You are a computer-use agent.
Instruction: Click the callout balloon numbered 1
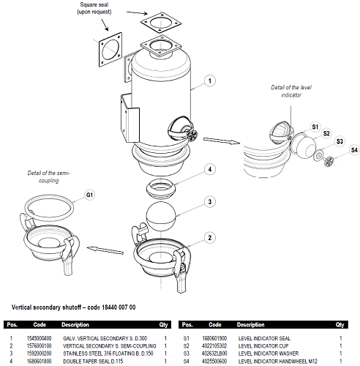click(x=210, y=81)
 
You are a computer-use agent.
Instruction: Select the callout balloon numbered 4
click(x=210, y=169)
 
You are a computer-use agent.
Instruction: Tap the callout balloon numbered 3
click(x=210, y=202)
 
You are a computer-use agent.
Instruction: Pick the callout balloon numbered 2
click(x=210, y=238)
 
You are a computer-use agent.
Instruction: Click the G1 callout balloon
click(x=89, y=195)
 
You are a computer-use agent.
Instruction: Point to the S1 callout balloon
click(x=315, y=127)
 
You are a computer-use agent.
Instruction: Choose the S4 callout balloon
click(x=354, y=150)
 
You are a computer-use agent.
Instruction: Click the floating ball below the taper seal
click(x=161, y=216)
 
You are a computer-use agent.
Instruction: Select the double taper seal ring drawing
click(x=161, y=188)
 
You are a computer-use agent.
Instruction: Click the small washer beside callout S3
click(x=318, y=155)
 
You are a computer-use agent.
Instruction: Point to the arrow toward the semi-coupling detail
click(x=105, y=250)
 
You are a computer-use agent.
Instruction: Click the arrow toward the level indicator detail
click(x=222, y=141)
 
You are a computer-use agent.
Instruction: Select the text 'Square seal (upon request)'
click(x=94, y=8)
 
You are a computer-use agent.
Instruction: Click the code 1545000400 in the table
click(x=39, y=338)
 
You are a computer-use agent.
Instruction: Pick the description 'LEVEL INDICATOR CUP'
click(x=263, y=346)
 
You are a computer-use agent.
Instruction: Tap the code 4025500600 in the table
click(x=214, y=361)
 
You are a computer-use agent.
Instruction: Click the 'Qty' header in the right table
click(x=340, y=325)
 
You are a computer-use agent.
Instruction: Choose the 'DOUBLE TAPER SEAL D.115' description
click(x=93, y=361)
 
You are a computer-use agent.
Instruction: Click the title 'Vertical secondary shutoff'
click(x=45, y=307)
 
